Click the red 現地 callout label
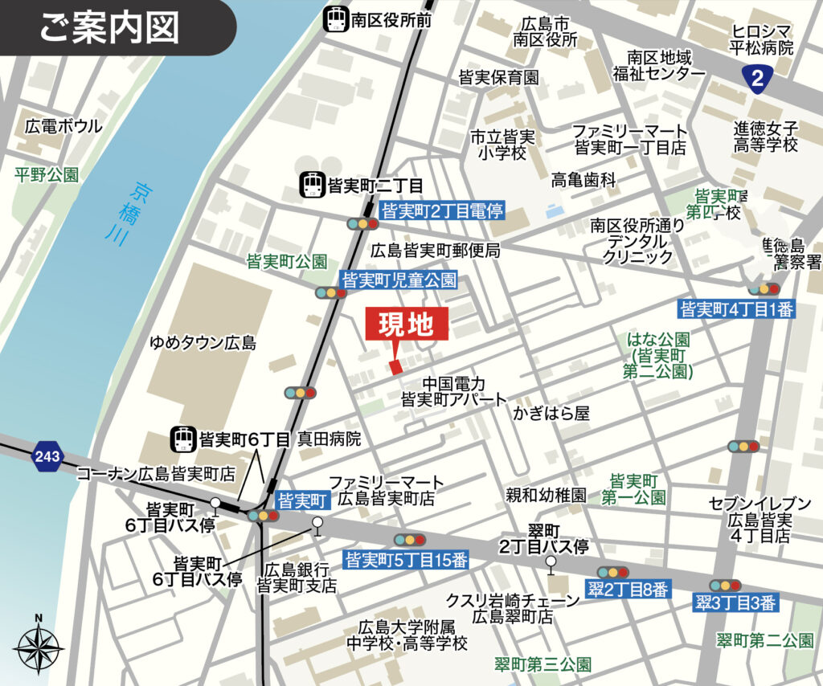tap(406, 325)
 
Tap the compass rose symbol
tap(39, 645)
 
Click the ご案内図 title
tap(109, 27)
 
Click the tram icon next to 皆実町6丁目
tap(183, 439)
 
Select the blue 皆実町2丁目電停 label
tap(441, 211)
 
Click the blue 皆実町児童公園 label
tap(399, 280)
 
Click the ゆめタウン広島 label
tap(203, 343)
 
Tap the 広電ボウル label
tap(63, 126)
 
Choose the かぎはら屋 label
tap(552, 413)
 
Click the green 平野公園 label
tap(47, 174)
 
